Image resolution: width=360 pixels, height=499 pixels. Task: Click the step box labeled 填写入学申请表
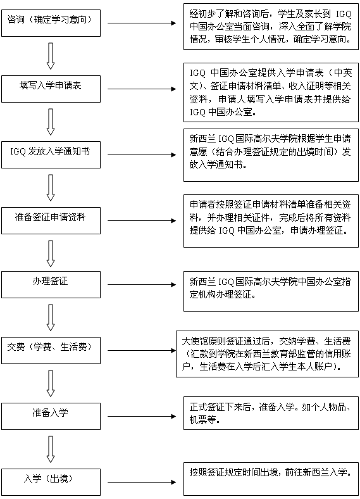pyautogui.click(x=51, y=89)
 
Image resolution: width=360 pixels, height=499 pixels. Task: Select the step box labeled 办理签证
pyautogui.click(x=51, y=284)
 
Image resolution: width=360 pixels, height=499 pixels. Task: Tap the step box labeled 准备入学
pyautogui.click(x=51, y=416)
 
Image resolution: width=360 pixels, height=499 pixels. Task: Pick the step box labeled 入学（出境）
pyautogui.click(x=51, y=482)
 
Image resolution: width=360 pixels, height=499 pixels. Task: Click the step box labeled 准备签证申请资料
pyautogui.click(x=51, y=220)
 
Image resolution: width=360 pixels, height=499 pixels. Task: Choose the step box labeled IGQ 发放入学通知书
pyautogui.click(x=51, y=155)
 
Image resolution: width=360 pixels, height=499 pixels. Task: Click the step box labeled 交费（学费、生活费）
pyautogui.click(x=51, y=350)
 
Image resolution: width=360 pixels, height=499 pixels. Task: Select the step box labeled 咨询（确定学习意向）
pyautogui.click(x=51, y=23)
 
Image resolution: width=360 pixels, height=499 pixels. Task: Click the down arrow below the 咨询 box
pyautogui.click(x=51, y=56)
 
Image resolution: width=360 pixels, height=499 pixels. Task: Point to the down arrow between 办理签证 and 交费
pyautogui.click(x=51, y=318)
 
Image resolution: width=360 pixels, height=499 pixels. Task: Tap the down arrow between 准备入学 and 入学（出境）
pyautogui.click(x=51, y=450)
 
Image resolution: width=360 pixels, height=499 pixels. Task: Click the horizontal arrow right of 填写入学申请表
pyautogui.click(x=142, y=89)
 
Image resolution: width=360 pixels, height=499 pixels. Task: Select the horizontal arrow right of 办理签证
pyautogui.click(x=142, y=284)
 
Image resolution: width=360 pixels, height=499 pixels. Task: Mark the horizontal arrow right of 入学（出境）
pyautogui.click(x=142, y=482)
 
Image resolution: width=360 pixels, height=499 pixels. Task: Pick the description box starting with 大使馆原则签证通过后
pyautogui.click(x=268, y=354)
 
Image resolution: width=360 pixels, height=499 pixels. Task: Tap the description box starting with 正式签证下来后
pyautogui.click(x=271, y=413)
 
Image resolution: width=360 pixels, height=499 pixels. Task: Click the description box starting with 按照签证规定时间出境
pyautogui.click(x=271, y=479)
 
